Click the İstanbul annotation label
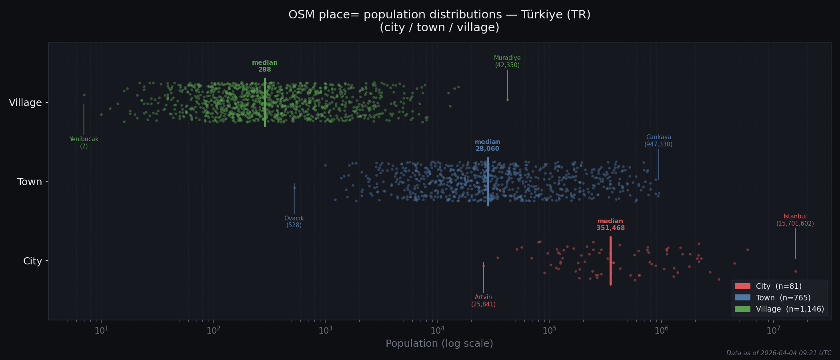795,220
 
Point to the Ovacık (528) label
294,222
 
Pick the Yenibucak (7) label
84,143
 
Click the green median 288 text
264,66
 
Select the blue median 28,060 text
487,146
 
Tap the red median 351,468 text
610,225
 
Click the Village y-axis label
25,103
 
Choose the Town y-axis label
30,182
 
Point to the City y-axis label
32,261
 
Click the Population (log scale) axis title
439,344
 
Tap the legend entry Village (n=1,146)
790,309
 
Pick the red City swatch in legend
742,286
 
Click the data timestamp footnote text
778,353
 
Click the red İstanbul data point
796,272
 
